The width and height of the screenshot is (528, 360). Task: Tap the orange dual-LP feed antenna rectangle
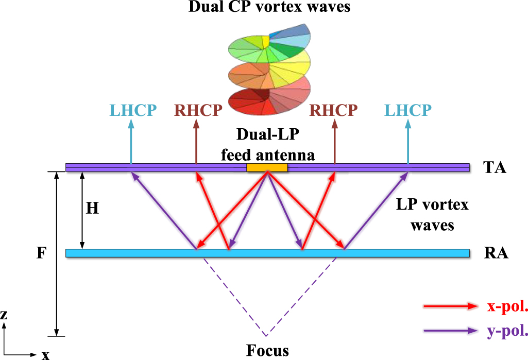pyautogui.click(x=267, y=167)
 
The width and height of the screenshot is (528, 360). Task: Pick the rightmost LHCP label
pyautogui.click(x=407, y=110)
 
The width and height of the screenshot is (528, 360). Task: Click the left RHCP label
pyautogui.click(x=198, y=110)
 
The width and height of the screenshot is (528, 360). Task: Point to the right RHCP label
pyautogui.click(x=333, y=110)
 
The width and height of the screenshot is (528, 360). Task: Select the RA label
pyautogui.click(x=496, y=253)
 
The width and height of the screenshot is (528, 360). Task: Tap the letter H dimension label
pyautogui.click(x=92, y=209)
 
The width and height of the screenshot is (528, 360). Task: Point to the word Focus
pyautogui.click(x=267, y=350)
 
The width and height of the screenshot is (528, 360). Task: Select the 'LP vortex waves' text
pyautogui.click(x=432, y=214)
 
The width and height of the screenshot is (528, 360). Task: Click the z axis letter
pyautogui.click(x=4, y=315)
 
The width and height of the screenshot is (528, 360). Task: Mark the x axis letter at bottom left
pyautogui.click(x=45, y=354)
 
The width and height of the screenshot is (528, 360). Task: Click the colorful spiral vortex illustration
pyautogui.click(x=269, y=70)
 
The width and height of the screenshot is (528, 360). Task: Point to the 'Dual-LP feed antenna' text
pyautogui.click(x=268, y=144)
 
